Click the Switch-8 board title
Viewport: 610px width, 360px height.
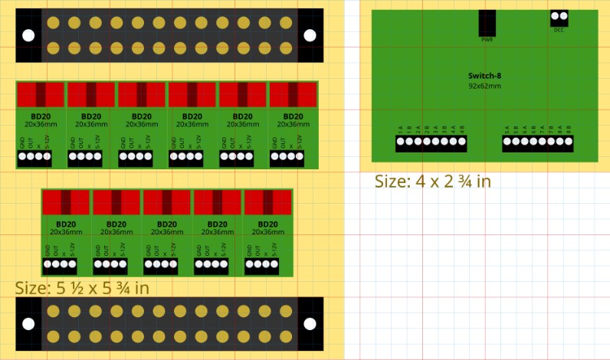(x=484, y=76)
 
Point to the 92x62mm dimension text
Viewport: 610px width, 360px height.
(x=484, y=86)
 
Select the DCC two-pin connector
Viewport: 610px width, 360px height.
(x=559, y=16)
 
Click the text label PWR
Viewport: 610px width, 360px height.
(x=487, y=38)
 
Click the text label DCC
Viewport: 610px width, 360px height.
(x=559, y=30)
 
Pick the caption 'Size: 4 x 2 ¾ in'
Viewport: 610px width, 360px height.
(x=432, y=182)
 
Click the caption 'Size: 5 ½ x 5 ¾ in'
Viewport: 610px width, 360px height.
(x=82, y=289)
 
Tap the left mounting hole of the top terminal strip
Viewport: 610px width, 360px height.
(x=28, y=35)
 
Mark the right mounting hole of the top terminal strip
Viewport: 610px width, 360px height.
(x=310, y=35)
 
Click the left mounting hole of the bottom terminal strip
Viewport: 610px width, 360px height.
(x=28, y=324)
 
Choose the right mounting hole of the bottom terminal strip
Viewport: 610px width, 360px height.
(x=310, y=324)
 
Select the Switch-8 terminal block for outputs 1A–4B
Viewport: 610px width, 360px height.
(x=431, y=142)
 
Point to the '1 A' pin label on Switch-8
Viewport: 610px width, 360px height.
(x=400, y=129)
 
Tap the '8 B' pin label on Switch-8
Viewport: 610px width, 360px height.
(x=568, y=129)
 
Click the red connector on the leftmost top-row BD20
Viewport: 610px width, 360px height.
(x=41, y=94)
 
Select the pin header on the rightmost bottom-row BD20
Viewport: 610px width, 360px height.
(x=262, y=265)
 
